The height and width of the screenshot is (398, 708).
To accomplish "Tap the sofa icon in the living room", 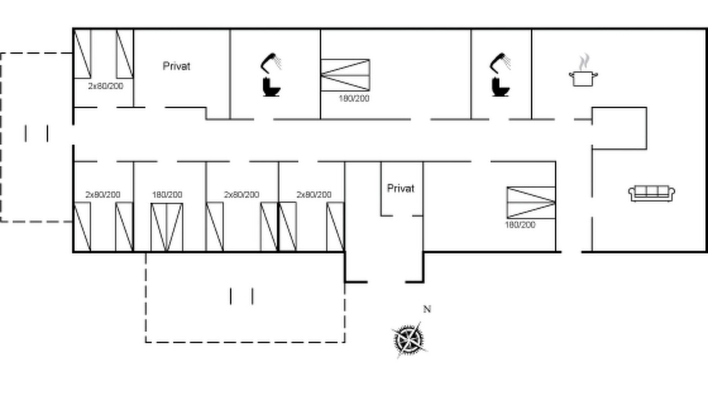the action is [652, 193].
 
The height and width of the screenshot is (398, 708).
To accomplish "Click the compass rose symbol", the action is [409, 340].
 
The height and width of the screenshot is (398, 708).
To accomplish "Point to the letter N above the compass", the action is [427, 309].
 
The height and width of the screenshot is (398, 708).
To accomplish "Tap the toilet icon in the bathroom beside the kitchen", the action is [501, 87].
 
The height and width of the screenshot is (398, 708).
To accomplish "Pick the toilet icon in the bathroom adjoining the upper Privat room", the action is [272, 87].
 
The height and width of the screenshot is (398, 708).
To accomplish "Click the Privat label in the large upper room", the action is [176, 66].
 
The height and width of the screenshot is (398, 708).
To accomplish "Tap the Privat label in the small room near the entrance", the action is [401, 188].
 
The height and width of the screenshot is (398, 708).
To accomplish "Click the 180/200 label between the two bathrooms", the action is [354, 98].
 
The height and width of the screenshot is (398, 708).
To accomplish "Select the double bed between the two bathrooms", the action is [345, 75].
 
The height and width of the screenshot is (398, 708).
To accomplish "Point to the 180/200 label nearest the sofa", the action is [520, 225].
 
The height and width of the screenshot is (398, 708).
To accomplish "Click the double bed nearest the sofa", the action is [532, 202].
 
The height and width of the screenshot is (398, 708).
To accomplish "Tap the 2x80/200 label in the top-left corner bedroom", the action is [106, 86].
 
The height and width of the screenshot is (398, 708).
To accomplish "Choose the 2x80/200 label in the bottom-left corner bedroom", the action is [103, 195].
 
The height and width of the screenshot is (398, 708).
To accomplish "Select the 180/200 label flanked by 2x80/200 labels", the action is [167, 195].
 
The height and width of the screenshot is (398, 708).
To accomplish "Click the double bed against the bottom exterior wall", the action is [167, 227].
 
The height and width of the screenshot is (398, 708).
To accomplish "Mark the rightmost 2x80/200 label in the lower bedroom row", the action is [314, 195].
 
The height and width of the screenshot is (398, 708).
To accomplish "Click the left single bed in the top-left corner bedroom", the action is [82, 54].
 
